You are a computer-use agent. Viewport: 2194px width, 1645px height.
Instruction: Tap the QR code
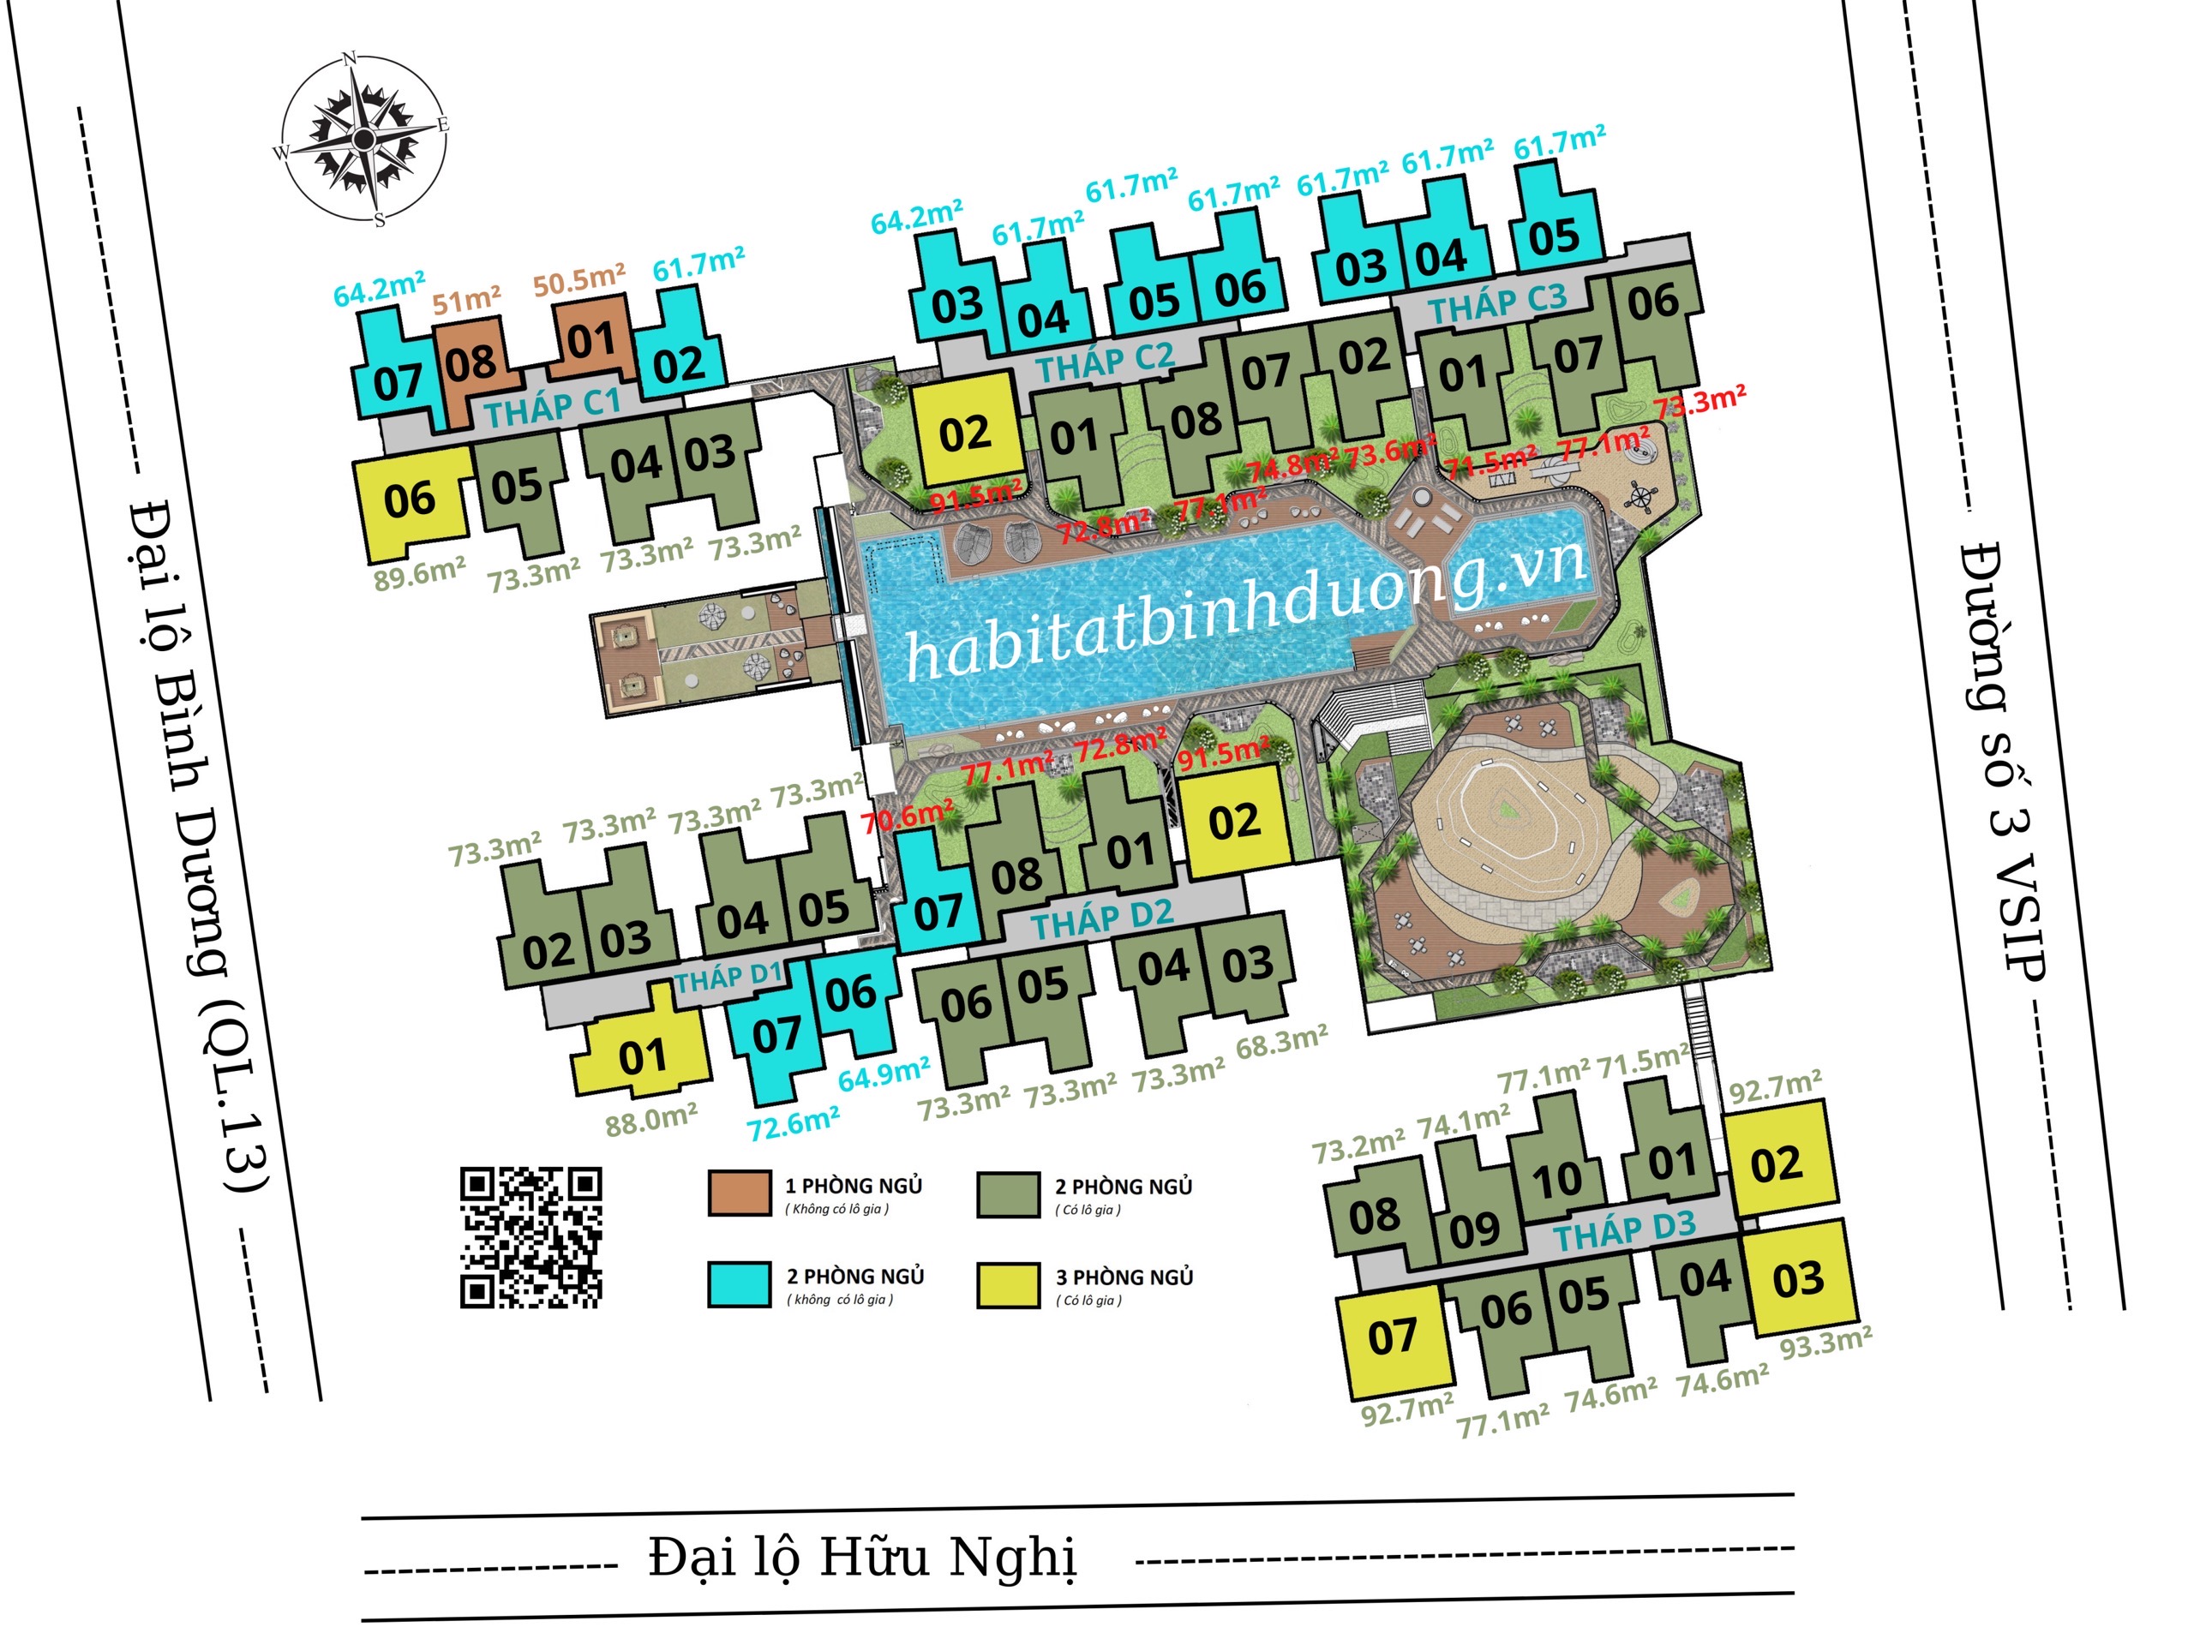(531, 1237)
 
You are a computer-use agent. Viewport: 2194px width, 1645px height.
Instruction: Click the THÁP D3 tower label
(1625, 1230)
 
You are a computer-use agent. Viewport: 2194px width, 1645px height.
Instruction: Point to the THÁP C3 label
(1498, 303)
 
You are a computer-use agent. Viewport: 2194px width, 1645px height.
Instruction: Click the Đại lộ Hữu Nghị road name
(862, 1556)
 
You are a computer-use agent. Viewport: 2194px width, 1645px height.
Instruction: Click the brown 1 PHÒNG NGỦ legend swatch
(739, 1193)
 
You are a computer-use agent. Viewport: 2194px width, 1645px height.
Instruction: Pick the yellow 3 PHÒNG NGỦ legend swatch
(1008, 1285)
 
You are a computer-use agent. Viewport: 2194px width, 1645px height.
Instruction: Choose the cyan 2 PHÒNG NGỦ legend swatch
(739, 1284)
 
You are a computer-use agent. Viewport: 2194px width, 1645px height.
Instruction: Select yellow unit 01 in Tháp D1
(643, 1057)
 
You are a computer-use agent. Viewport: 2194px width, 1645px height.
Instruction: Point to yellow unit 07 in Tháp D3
(1393, 1337)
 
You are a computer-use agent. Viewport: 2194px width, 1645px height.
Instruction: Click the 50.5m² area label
(579, 281)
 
